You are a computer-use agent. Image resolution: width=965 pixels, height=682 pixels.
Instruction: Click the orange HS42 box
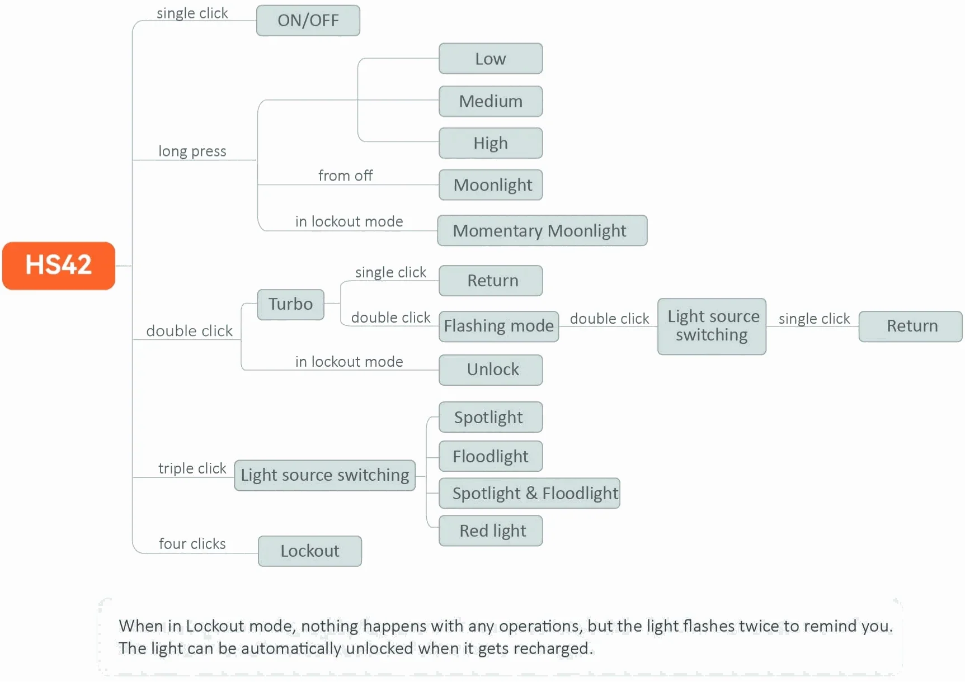[x=59, y=266]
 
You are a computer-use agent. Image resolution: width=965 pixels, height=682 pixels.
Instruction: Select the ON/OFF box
[x=308, y=21]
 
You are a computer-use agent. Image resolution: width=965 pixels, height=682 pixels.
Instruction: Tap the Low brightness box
[x=491, y=59]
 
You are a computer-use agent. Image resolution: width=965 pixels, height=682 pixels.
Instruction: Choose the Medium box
[x=491, y=101]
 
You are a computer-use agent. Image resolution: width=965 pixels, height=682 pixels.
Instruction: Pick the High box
[x=491, y=143]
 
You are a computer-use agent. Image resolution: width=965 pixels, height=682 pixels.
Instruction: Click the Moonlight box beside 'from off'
[x=491, y=185]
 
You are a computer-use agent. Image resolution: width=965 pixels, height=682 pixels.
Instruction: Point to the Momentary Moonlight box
[x=542, y=230]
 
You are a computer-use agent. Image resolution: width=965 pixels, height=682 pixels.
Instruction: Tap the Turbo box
[x=291, y=304]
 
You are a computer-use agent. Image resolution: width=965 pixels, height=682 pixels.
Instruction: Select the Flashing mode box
[x=499, y=326]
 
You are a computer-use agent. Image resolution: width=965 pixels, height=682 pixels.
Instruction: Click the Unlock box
[x=491, y=370]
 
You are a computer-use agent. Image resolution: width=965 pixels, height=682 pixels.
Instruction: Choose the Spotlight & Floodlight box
[x=530, y=493]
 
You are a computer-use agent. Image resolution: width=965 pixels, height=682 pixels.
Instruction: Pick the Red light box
[x=491, y=531]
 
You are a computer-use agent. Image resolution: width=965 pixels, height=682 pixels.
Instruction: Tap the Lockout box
[x=310, y=551]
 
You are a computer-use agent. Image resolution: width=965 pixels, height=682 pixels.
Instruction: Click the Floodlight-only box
[x=491, y=456]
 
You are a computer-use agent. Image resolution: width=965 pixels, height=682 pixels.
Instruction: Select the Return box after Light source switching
[x=911, y=326]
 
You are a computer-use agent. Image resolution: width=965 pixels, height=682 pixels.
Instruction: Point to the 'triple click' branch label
[x=192, y=468]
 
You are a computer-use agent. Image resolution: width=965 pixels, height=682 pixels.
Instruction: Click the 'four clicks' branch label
[x=192, y=544]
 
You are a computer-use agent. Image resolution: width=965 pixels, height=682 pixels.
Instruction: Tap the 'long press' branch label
[x=192, y=151]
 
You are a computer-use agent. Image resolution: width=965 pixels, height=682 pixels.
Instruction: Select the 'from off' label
[x=345, y=176]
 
